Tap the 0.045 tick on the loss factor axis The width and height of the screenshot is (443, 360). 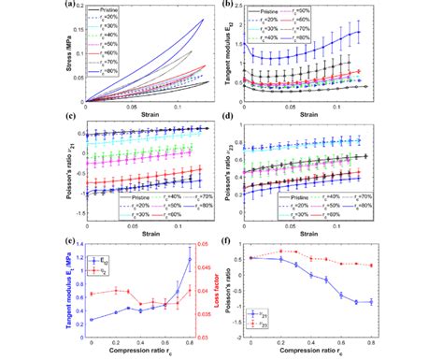tap(206, 267)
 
